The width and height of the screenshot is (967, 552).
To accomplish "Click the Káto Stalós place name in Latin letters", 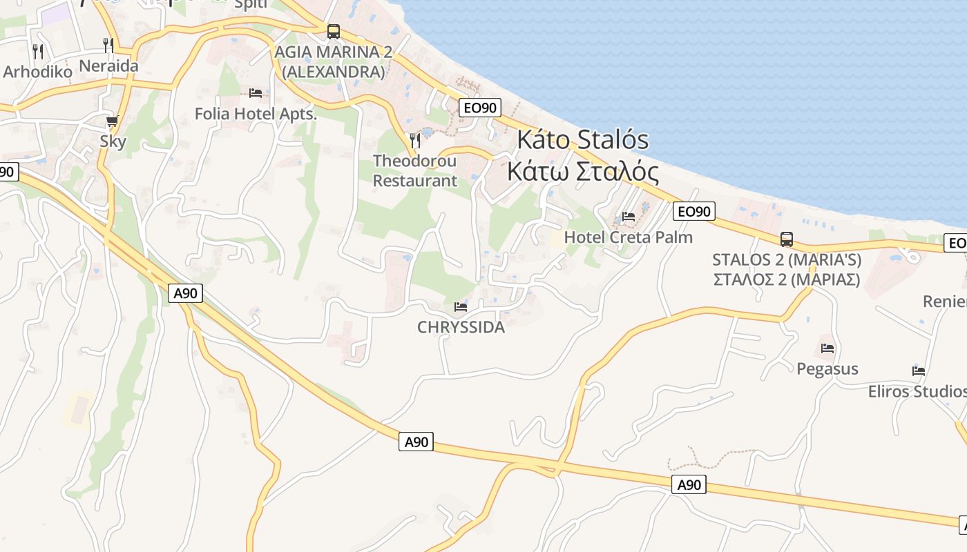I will pyautogui.click(x=583, y=140).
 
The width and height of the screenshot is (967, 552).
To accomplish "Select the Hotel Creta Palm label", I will pyautogui.click(x=628, y=237).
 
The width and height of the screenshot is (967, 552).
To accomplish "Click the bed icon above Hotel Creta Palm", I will pyautogui.click(x=629, y=217).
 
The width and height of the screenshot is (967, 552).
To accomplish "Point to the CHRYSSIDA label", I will pyautogui.click(x=461, y=328).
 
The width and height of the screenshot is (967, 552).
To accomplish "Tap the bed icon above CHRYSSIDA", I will pyautogui.click(x=461, y=306).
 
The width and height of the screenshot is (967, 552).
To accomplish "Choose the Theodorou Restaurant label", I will pyautogui.click(x=414, y=170).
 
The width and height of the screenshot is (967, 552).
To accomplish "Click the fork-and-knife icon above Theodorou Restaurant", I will pyautogui.click(x=415, y=140).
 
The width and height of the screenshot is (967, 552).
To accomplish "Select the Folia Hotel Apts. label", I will pyautogui.click(x=256, y=114).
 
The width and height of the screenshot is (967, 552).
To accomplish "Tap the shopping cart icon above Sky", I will pyautogui.click(x=113, y=121).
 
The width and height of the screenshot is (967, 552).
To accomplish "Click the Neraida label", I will pyautogui.click(x=109, y=66).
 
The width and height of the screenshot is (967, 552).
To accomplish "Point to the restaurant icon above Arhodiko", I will pyautogui.click(x=38, y=51).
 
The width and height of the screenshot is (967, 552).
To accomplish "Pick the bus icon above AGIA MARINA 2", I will pyautogui.click(x=334, y=31).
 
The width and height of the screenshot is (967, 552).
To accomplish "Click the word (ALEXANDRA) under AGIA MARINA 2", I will pyautogui.click(x=333, y=72).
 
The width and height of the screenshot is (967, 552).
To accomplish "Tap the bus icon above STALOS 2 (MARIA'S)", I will pyautogui.click(x=787, y=239).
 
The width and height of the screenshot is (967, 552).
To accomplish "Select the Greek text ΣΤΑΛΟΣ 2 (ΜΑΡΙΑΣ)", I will pyautogui.click(x=786, y=279).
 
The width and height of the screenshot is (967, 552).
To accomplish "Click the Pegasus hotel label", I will pyautogui.click(x=827, y=369).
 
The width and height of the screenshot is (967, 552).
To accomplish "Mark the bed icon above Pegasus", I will pyautogui.click(x=827, y=348).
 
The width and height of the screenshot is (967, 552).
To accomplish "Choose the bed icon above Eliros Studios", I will pyautogui.click(x=919, y=371).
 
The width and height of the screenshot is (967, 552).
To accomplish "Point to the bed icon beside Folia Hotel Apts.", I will pyautogui.click(x=255, y=92).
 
